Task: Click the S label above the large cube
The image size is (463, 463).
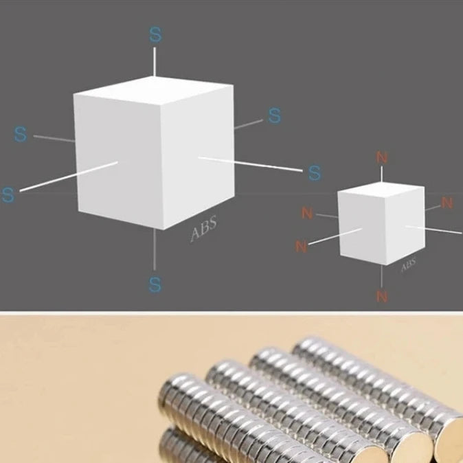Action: (155, 34)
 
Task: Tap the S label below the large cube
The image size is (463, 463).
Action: (155, 284)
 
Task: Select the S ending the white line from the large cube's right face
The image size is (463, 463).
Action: (315, 172)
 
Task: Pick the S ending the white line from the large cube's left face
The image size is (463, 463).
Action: (8, 194)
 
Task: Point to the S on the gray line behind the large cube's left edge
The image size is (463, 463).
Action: (21, 135)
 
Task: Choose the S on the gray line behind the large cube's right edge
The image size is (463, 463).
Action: (275, 115)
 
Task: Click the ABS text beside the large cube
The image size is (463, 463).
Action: (203, 227)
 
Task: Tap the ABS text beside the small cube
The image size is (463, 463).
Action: (409, 265)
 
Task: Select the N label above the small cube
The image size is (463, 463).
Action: (382, 158)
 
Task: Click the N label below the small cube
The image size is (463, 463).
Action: (382, 296)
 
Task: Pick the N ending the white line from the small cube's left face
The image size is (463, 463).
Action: (301, 246)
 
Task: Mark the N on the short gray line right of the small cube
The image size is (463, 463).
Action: (447, 203)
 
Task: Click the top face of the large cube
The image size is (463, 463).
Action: (154, 90)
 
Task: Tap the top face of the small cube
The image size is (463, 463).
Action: (381, 190)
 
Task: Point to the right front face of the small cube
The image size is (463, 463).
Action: (405, 225)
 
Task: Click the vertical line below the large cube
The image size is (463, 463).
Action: (155, 249)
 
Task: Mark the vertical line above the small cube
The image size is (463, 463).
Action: (382, 174)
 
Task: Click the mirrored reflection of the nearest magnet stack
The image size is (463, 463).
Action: (189, 447)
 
